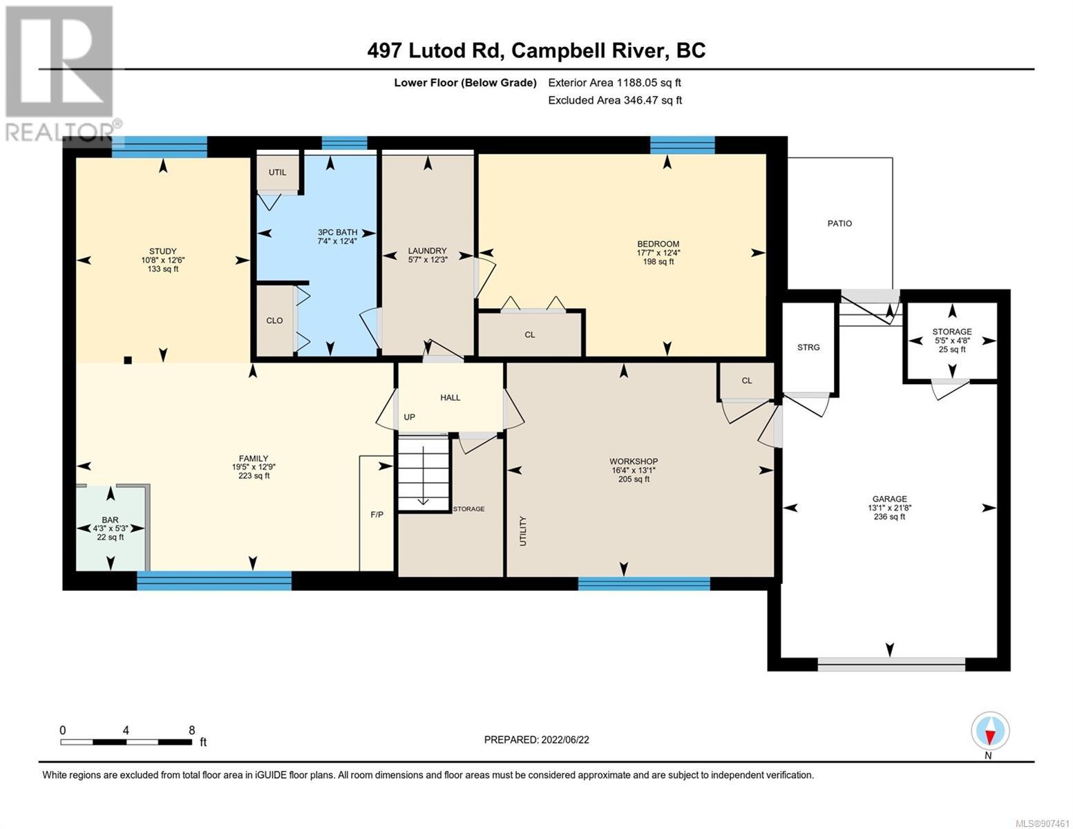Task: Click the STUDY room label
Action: (162, 251)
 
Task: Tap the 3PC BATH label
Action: (337, 232)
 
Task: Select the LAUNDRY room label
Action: (427, 251)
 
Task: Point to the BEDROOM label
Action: (658, 244)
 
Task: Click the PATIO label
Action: (839, 224)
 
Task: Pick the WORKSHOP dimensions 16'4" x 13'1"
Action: (634, 470)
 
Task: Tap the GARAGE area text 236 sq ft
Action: (889, 517)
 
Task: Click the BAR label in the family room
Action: (110, 520)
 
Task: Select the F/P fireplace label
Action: (377, 515)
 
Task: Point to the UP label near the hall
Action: (409, 417)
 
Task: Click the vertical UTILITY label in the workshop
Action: (524, 531)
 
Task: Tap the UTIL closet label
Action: (277, 172)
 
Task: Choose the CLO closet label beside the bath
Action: (274, 321)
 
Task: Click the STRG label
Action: (808, 347)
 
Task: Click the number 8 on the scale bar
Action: (191, 730)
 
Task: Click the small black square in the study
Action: (128, 361)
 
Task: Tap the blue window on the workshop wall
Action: (644, 584)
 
